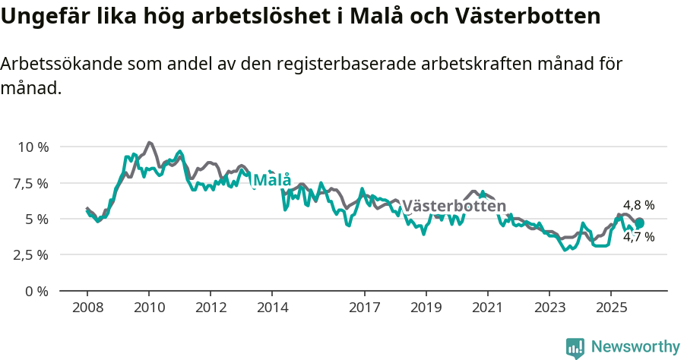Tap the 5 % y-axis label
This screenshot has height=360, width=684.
coord(37,219)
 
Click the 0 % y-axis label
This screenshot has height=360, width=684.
coord(37,291)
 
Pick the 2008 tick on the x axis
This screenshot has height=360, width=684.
coord(87,308)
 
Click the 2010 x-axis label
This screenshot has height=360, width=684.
coord(149,308)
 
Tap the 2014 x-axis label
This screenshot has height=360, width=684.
coord(272,308)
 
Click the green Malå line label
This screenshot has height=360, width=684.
coord(271,180)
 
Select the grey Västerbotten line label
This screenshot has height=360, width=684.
coord(454,206)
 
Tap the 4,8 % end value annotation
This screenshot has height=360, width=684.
coord(638,205)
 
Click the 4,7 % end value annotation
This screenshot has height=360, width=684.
coord(638,237)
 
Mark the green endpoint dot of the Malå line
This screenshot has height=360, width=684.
coord(640,223)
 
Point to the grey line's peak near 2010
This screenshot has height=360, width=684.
coord(149,142)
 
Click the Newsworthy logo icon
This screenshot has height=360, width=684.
coord(575,348)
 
